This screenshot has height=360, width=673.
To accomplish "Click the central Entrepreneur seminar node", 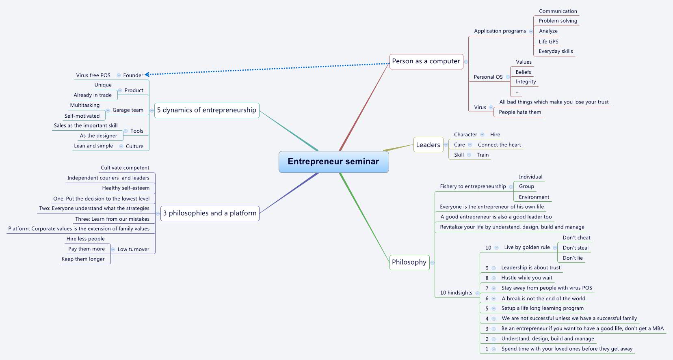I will tap(333, 162).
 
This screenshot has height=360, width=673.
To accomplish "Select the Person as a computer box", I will tap(426, 61).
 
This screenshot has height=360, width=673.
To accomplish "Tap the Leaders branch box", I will tap(428, 145).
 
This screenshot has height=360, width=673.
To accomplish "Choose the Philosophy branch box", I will tap(409, 262).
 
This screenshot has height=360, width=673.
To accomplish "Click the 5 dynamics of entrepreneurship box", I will tap(207, 110).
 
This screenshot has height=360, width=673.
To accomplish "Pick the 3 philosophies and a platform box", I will tap(210, 213).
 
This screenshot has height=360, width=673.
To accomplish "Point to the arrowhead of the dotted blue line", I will tap(147, 74).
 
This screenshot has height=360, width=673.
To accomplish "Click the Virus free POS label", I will tap(93, 75).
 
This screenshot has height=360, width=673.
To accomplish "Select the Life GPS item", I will tap(548, 41).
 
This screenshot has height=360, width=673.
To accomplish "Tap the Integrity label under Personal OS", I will tap(526, 82).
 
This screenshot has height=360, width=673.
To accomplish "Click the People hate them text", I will tap(520, 112).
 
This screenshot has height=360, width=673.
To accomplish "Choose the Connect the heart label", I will tap(499, 145).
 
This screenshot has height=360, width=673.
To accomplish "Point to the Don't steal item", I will tap(576, 248).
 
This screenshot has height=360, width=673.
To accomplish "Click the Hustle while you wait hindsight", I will tap(527, 278).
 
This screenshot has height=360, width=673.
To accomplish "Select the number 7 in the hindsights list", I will tap(487, 288).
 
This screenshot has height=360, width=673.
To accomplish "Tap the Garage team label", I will tap(128, 110).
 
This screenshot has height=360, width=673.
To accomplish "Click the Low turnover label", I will tap(133, 250).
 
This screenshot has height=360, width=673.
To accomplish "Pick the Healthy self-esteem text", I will tap(126, 188).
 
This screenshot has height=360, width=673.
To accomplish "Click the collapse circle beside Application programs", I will tap(531, 31).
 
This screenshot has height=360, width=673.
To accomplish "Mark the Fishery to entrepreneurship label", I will tap(473, 187).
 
